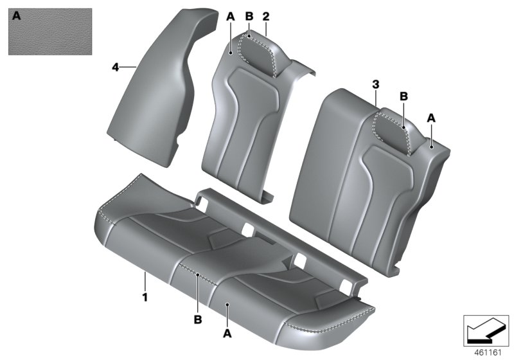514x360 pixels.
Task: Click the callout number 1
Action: coord(145,298)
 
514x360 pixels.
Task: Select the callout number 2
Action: coord(265,17)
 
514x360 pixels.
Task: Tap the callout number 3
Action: coord(376,84)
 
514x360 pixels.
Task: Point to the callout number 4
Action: coord(115,66)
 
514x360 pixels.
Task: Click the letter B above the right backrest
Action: coord(404,96)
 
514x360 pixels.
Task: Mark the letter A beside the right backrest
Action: coord(431,118)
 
